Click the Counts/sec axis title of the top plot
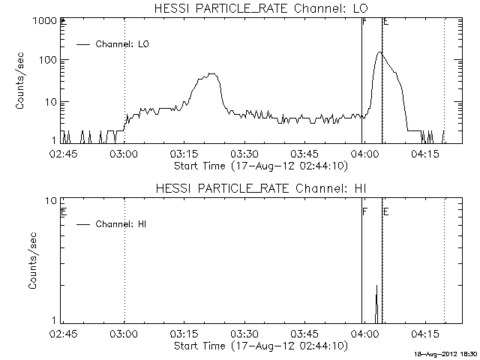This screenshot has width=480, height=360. point(22,81)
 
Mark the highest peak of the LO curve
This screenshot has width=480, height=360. point(379,52)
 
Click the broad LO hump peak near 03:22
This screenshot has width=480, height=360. point(213,73)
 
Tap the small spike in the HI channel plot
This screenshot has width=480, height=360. point(376,286)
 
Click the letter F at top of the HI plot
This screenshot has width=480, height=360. point(364,212)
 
